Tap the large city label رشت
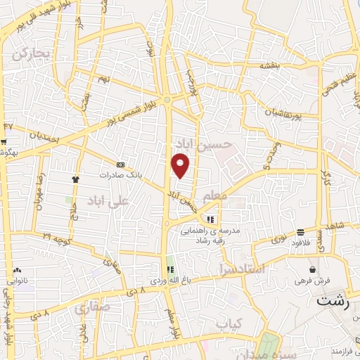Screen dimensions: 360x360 (x=332, y=303)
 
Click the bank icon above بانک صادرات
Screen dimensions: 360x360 (x=121, y=164)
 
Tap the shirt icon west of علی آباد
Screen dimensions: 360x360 (x=75, y=179)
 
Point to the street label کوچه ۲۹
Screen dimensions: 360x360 (x=55, y=240)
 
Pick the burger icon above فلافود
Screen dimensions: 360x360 (x=300, y=232)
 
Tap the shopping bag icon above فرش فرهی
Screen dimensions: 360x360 (x=312, y=269)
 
